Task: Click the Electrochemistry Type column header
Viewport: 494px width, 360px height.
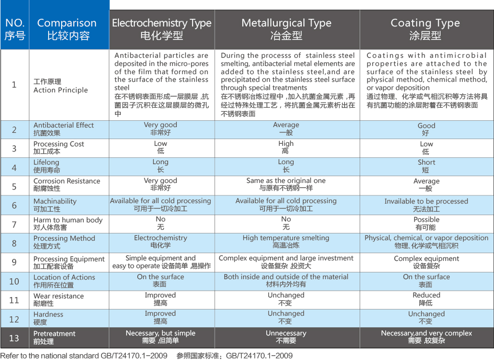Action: [x=162, y=29]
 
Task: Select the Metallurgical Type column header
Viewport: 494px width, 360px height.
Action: [x=286, y=29]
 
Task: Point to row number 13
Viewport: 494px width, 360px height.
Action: [x=14, y=337]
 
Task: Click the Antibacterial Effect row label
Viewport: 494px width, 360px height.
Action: [x=64, y=129]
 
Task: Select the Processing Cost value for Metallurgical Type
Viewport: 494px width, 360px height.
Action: [x=286, y=147]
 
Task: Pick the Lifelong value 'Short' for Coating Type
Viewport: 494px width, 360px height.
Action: [x=426, y=166]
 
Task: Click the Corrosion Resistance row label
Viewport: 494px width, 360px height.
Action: [x=66, y=185]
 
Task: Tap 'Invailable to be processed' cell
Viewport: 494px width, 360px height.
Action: [x=426, y=205]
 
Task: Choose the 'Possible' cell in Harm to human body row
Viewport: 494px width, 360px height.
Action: [x=426, y=223]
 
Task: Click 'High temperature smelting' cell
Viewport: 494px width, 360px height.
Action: [x=286, y=242]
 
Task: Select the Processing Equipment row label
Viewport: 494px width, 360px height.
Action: [x=69, y=262]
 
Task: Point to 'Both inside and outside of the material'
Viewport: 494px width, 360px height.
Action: [x=286, y=280]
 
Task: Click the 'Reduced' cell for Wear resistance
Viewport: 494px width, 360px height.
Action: [x=426, y=299]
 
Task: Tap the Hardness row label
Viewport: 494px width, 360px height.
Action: [x=48, y=318]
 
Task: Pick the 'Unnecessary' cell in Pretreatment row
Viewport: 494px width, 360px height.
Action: [x=286, y=337]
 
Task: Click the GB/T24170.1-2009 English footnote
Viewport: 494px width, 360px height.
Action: [x=84, y=356]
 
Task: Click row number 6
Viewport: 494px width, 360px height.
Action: [x=14, y=205]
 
